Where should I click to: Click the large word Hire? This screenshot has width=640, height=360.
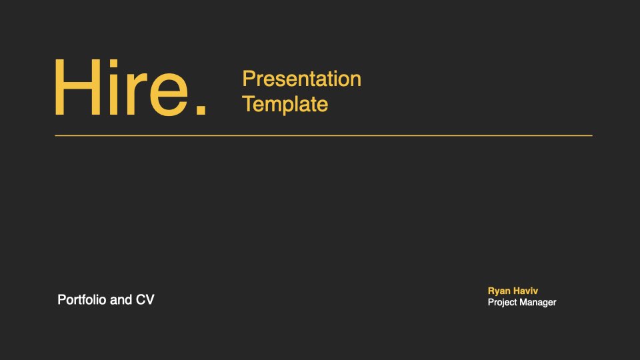coord(130,87)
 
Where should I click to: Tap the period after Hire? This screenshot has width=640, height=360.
coord(201,109)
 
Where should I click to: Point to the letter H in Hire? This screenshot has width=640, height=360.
coord(77,87)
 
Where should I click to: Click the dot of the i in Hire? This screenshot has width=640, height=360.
coord(113,63)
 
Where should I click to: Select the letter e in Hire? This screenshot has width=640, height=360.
coord(169,95)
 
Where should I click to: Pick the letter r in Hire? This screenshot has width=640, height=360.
coord(137,94)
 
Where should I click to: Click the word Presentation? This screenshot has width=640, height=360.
coord(301,79)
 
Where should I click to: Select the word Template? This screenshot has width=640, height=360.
coord(285,105)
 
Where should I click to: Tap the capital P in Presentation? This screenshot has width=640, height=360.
coord(249,79)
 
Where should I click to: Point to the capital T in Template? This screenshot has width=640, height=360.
coord(249,104)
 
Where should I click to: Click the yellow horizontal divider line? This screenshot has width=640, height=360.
coord(324,135)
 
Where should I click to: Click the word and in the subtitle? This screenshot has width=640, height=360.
coord(121,300)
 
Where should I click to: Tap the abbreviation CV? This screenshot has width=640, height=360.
coord(145,300)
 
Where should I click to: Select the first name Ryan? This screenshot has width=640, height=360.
coord(499,291)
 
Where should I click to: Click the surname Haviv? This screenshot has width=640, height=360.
coord(525,291)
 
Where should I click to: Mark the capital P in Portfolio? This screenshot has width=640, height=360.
coord(61,299)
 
